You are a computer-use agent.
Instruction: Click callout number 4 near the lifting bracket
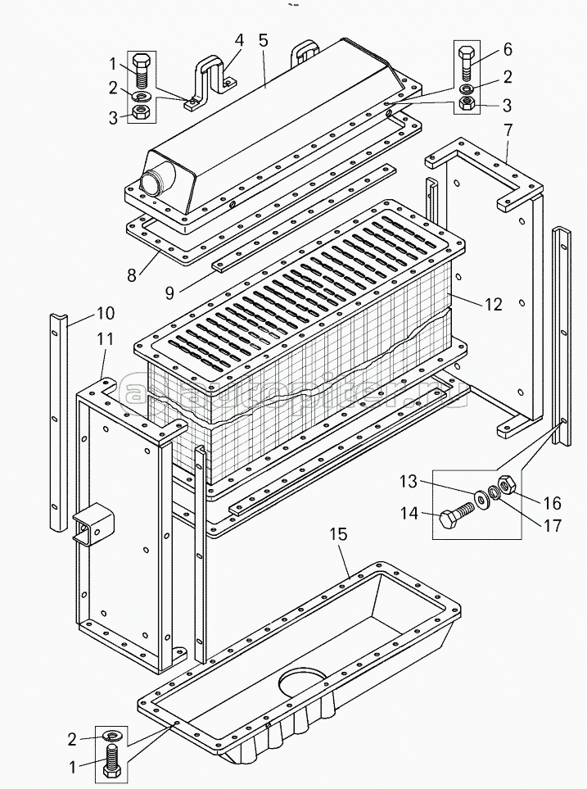click(x=239, y=40)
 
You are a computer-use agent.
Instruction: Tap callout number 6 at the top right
click(x=508, y=49)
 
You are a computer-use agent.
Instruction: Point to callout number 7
click(x=508, y=129)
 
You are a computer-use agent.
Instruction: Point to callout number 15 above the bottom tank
click(x=338, y=534)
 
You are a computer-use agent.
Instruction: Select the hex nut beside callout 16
click(x=505, y=486)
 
